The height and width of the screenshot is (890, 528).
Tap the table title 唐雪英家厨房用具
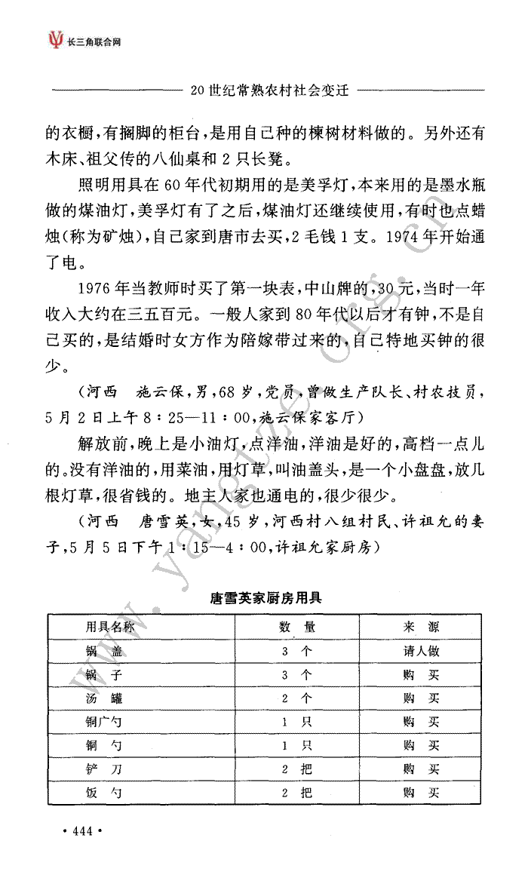tap(266, 600)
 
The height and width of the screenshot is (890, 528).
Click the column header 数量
tap(297, 627)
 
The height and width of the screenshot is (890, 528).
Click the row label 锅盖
tap(103, 651)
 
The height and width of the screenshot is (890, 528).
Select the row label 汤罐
tap(103, 698)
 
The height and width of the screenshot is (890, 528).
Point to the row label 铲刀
tap(103, 769)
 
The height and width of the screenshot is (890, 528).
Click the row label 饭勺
tap(103, 793)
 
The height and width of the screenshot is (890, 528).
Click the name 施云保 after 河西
tap(160, 392)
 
